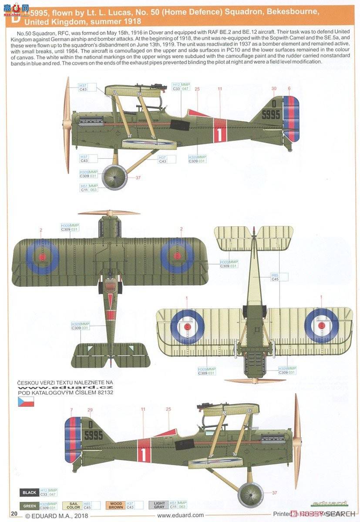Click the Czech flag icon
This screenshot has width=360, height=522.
(26, 402)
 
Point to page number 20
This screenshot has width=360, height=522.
(14, 514)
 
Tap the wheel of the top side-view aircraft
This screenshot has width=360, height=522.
(114, 176)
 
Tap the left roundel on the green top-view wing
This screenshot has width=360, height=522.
(42, 257)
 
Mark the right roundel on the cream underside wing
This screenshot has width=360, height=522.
(321, 325)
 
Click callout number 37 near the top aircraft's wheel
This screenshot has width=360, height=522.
(138, 177)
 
